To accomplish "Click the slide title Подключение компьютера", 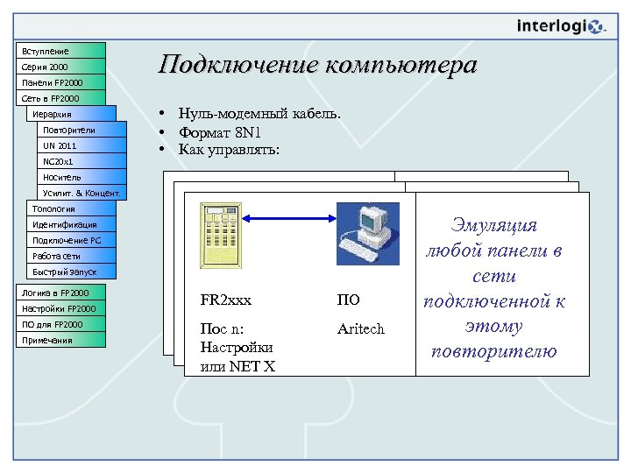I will [x=317, y=66].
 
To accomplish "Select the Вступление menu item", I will [x=60, y=51].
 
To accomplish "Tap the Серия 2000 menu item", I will [x=60, y=67].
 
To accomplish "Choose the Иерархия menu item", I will [x=71, y=114].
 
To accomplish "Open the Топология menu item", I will [x=71, y=208].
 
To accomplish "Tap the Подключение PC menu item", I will [x=71, y=240].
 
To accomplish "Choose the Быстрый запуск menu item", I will [x=71, y=272].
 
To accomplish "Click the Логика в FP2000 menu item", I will [x=60, y=293].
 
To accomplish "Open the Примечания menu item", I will [x=60, y=340].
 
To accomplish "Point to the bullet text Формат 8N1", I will [x=219, y=132].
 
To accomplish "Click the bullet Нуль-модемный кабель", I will [x=259, y=114].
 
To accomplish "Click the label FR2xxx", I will [x=226, y=300].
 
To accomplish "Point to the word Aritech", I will [x=361, y=329].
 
